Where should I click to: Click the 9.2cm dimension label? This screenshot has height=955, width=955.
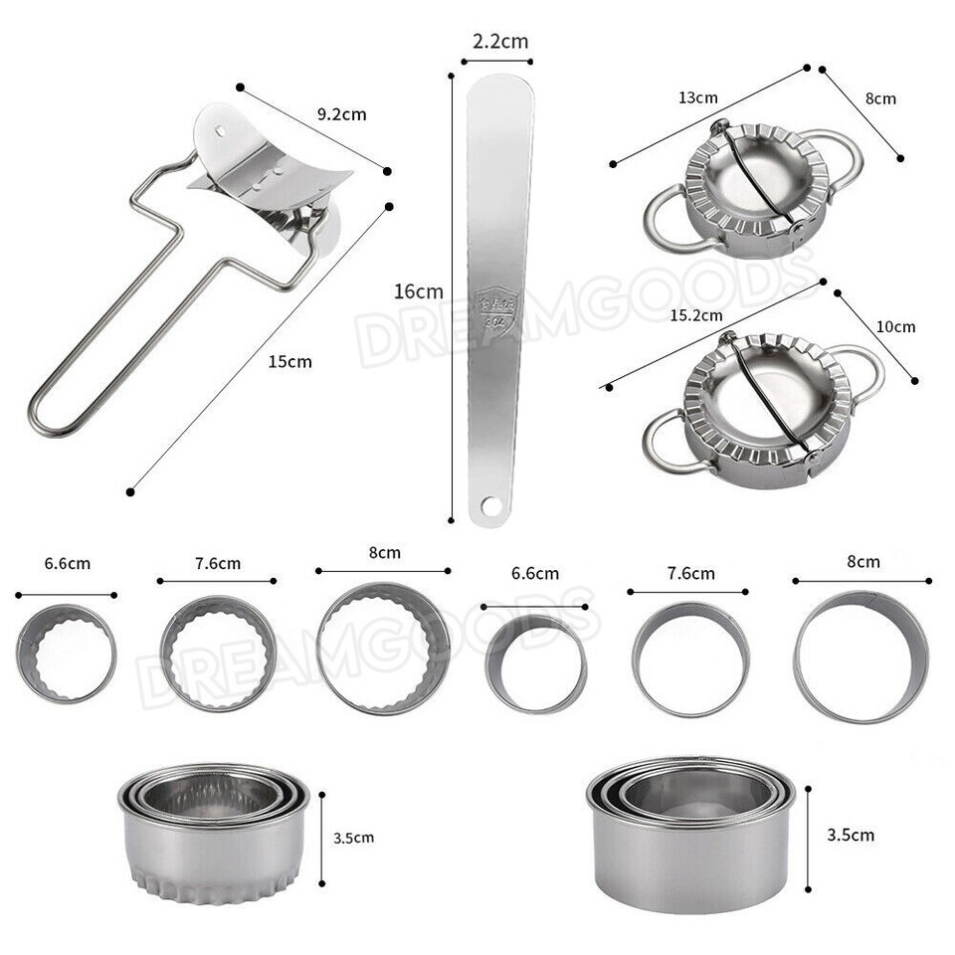pyautogui.click(x=341, y=113)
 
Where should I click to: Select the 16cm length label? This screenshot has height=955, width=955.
pyautogui.click(x=418, y=291)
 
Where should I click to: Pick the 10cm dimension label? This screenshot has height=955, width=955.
pyautogui.click(x=896, y=326)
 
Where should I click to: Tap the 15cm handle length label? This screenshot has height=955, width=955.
pyautogui.click(x=289, y=361)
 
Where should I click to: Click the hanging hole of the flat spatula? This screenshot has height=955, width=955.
pyautogui.click(x=487, y=506)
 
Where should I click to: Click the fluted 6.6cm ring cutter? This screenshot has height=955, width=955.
pyautogui.click(x=67, y=653)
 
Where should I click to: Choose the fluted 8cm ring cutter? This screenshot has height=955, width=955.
pyautogui.click(x=383, y=649)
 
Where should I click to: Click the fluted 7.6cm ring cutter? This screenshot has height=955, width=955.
pyautogui.click(x=216, y=654)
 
